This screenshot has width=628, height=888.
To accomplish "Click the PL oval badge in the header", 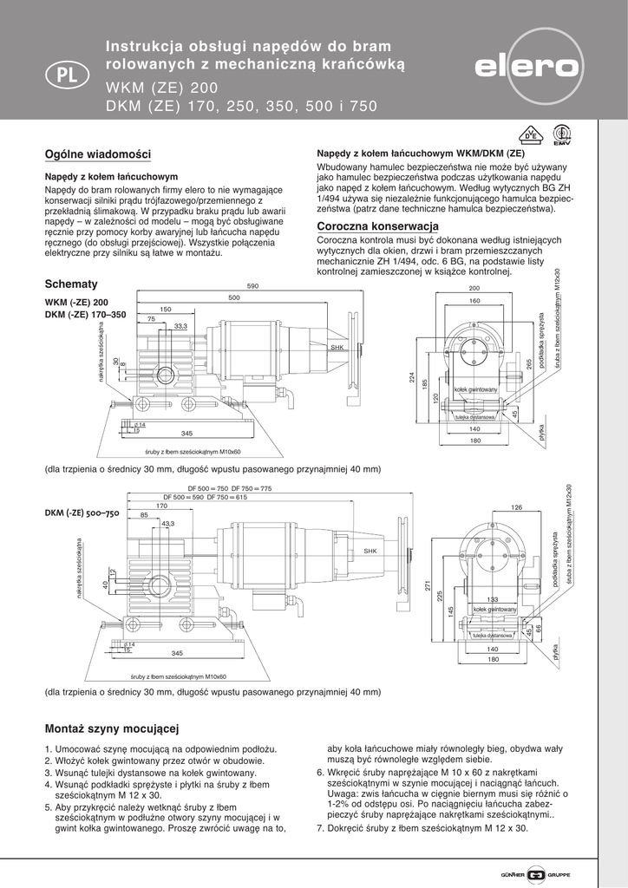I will [x=62, y=75].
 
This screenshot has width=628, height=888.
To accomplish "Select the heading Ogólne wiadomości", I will [x=97, y=154].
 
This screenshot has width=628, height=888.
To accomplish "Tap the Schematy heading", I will [x=71, y=284].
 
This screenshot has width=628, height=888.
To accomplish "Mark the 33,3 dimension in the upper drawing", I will [x=180, y=326].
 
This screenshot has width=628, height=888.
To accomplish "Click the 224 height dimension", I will [x=413, y=377].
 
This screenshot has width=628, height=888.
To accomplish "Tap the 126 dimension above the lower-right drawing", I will [x=517, y=507].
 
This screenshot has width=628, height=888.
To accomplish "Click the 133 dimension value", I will [x=492, y=600].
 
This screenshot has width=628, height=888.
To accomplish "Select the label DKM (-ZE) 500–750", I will [x=82, y=513].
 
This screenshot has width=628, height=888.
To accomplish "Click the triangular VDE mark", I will [x=527, y=136].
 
